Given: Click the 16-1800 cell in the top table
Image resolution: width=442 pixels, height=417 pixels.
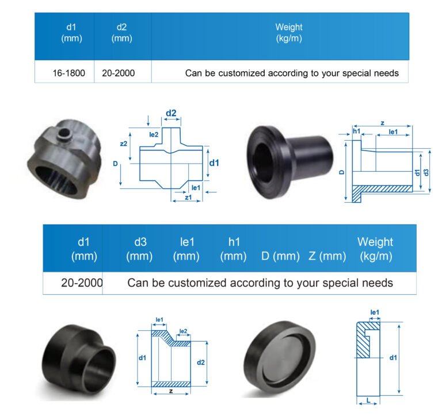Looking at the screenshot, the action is pyautogui.click(x=69, y=73).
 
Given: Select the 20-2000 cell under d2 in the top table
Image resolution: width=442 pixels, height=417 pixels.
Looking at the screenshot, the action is pyautogui.click(x=119, y=73).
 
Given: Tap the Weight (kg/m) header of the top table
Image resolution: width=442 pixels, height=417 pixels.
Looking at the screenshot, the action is pyautogui.click(x=289, y=33).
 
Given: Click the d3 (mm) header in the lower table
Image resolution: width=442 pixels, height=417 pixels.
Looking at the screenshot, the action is pyautogui.click(x=139, y=249).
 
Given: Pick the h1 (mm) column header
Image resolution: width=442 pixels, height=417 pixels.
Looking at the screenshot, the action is pyautogui.click(x=234, y=249).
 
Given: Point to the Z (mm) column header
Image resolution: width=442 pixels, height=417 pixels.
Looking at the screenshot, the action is pyautogui.click(x=327, y=256).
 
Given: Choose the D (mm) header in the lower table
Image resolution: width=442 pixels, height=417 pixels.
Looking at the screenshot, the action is pyautogui.click(x=280, y=256).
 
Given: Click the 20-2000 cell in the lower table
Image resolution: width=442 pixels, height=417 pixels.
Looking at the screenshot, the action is pyautogui.click(x=82, y=283).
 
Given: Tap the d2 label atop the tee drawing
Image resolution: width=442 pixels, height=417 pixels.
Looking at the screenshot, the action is pyautogui.click(x=171, y=113).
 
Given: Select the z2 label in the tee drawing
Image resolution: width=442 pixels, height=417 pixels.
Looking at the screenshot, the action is pyautogui.click(x=124, y=144).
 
